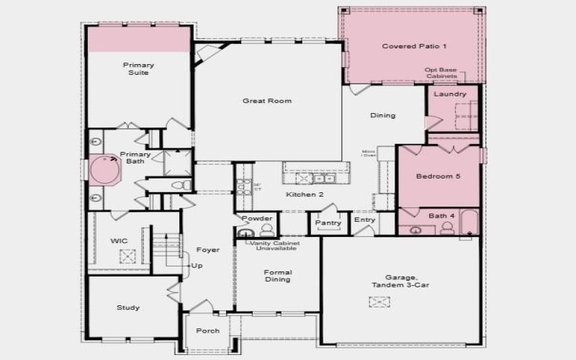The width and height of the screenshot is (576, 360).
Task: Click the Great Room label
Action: [x=266, y=101]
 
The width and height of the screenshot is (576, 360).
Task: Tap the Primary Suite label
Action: [x=138, y=68]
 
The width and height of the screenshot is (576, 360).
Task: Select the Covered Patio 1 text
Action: [x=414, y=46]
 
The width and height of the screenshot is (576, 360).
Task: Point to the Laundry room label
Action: [x=451, y=94]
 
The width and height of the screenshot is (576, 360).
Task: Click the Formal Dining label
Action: [x=277, y=276]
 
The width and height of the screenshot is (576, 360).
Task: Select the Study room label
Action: [x=128, y=307]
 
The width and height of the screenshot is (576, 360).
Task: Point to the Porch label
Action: [x=208, y=331]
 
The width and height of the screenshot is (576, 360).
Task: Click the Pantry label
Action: [x=328, y=223]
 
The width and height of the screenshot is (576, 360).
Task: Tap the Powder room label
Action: [x=257, y=218]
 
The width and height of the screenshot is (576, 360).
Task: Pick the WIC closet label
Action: [x=119, y=240]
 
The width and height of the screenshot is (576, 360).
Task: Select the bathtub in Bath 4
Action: [x=467, y=222]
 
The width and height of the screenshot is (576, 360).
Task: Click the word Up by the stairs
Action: [x=196, y=266]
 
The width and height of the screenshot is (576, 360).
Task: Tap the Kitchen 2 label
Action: [x=300, y=195]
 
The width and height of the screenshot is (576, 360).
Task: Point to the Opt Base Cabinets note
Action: [x=441, y=73]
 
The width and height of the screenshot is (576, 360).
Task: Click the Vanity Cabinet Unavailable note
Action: [x=274, y=246]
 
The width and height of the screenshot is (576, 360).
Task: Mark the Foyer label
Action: [x=207, y=250]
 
